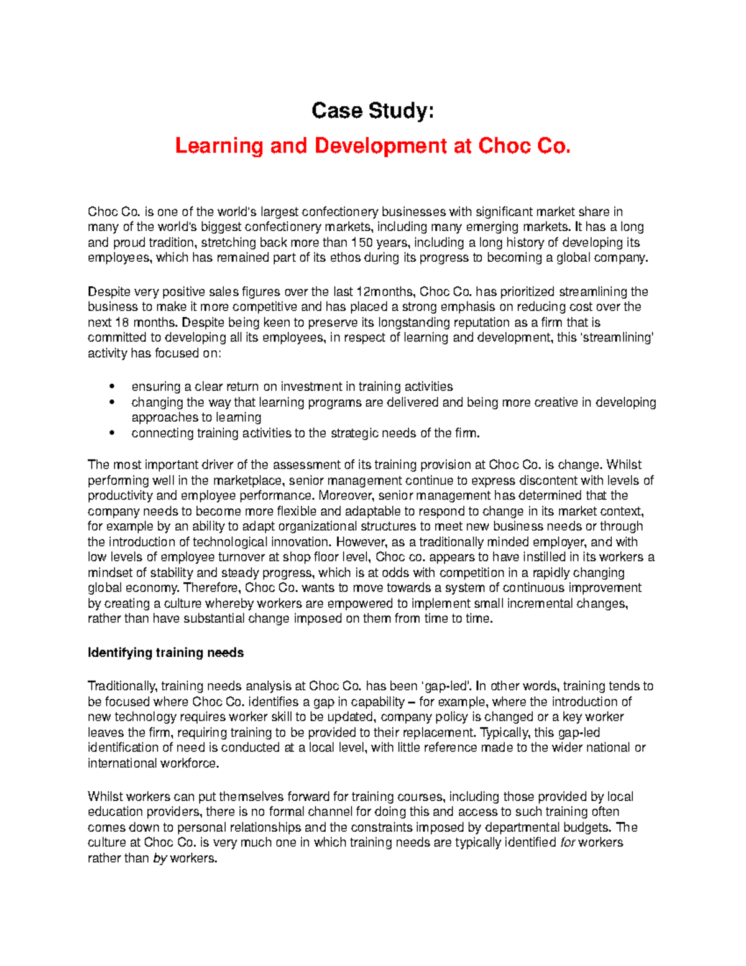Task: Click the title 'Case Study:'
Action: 372,111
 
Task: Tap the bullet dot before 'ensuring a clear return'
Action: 112,387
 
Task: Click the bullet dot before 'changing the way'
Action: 112,402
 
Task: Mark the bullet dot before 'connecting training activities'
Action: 112,434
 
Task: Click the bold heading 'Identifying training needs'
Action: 165,653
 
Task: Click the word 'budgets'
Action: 588,827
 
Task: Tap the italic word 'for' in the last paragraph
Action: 567,843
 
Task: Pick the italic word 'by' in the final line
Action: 159,858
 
